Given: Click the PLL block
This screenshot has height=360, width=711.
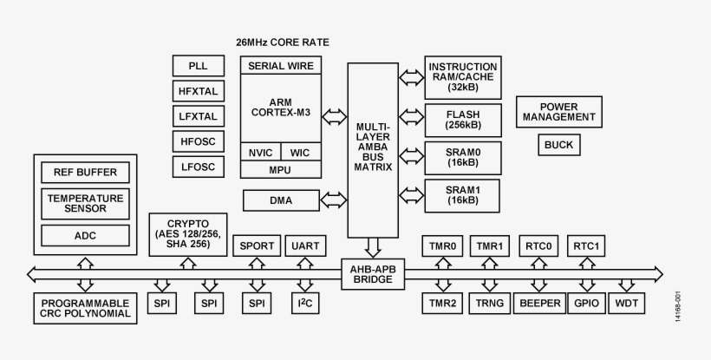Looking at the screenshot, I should [198, 65].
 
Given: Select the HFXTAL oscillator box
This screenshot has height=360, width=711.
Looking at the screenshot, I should [198, 90].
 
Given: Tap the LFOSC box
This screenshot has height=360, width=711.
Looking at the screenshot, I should [198, 167].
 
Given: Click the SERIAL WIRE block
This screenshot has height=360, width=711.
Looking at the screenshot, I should [281, 65].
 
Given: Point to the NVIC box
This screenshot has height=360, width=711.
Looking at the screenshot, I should [260, 153].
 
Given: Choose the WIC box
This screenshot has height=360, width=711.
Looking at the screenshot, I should [301, 153].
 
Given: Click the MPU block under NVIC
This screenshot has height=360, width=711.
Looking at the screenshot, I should [281, 170].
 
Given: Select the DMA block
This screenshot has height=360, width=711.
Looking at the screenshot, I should [281, 201].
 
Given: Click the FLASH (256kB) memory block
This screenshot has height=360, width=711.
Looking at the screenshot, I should [463, 120].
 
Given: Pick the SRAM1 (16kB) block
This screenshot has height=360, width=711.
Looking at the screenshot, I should [463, 194].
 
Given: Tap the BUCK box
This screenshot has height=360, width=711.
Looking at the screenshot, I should [559, 145].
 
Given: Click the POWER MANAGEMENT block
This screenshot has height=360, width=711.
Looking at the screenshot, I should [559, 111].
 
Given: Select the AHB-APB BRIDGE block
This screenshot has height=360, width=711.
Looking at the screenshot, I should [372, 275].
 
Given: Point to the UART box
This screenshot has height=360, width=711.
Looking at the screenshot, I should [305, 246].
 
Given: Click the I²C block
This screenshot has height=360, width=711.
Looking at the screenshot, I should [305, 304].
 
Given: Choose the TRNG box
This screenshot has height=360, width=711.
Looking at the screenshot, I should [491, 304].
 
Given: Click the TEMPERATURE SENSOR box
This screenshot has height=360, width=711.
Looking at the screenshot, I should [85, 203].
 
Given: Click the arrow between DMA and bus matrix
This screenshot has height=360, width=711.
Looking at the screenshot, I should [334, 201].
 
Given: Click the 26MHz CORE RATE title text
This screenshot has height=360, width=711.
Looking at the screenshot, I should [283, 43].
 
